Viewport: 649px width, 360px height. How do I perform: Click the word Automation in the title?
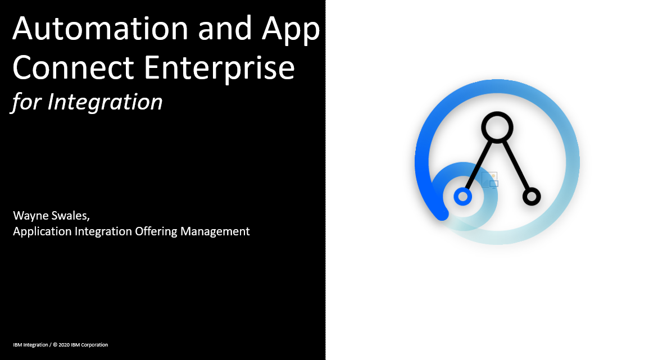tap(101, 28)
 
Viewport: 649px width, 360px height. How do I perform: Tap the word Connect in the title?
tap(73, 67)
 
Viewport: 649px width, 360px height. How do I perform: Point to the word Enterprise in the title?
tap(219, 69)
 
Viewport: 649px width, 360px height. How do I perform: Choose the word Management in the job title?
tap(215, 231)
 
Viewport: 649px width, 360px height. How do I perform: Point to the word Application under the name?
tap(42, 232)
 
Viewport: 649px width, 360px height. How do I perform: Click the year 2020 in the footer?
tap(63, 345)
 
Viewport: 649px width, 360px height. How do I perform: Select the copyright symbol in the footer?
tap(55, 345)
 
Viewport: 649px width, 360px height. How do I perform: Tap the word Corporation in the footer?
tap(94, 345)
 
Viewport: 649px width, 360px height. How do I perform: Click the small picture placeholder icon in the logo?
tap(489, 180)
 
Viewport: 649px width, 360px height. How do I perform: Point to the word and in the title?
tap(225, 28)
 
